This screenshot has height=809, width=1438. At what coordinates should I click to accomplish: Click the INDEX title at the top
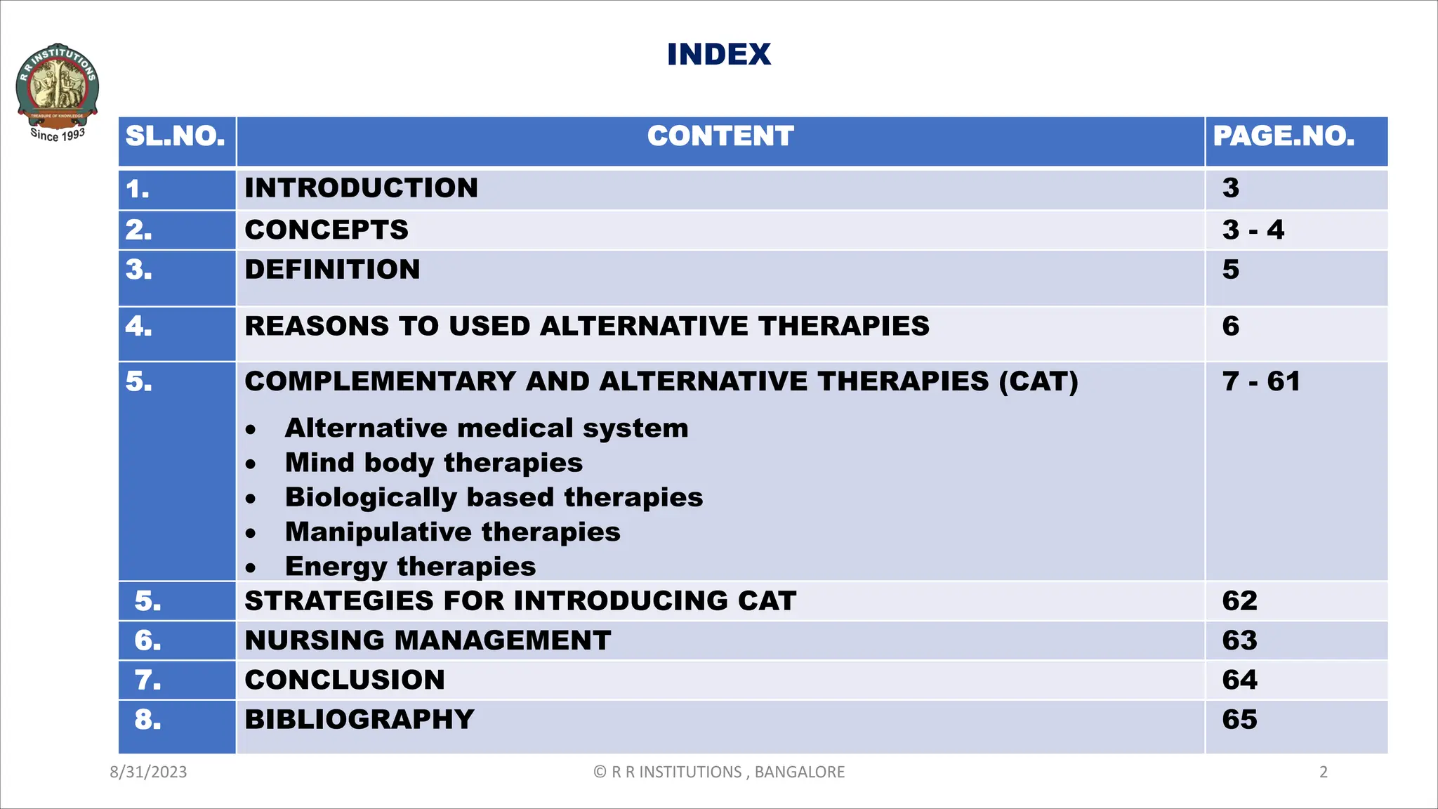(x=718, y=55)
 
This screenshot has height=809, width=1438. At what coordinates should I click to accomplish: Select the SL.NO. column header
(x=176, y=136)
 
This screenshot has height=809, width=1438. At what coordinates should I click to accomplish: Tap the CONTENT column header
(x=720, y=136)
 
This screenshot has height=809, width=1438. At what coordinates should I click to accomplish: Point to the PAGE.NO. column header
(x=1284, y=136)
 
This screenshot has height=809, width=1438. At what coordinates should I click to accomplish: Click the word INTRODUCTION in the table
(x=361, y=188)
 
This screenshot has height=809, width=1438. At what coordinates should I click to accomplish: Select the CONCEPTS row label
(x=326, y=230)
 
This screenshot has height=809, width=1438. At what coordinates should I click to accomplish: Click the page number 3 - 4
(x=1253, y=230)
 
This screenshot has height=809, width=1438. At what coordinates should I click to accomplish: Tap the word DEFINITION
(x=332, y=270)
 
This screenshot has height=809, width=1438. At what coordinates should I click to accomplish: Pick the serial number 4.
(x=138, y=327)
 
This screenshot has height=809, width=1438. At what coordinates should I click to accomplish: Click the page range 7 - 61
(x=1260, y=381)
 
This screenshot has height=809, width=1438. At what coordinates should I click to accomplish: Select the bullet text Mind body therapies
(x=433, y=463)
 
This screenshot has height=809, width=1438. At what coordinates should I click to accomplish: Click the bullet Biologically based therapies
(x=494, y=497)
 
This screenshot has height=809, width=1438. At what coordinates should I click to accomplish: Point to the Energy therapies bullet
(x=410, y=566)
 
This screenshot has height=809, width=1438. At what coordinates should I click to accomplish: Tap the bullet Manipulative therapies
(x=452, y=532)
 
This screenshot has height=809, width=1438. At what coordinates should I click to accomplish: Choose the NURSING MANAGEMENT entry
(x=428, y=640)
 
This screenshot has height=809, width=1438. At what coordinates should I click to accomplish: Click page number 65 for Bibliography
(x=1239, y=720)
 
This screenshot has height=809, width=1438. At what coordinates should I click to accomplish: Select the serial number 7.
(x=147, y=680)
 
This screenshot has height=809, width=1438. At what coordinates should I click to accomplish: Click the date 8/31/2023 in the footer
(x=148, y=772)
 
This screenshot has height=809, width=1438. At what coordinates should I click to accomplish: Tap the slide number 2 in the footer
(x=1324, y=772)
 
